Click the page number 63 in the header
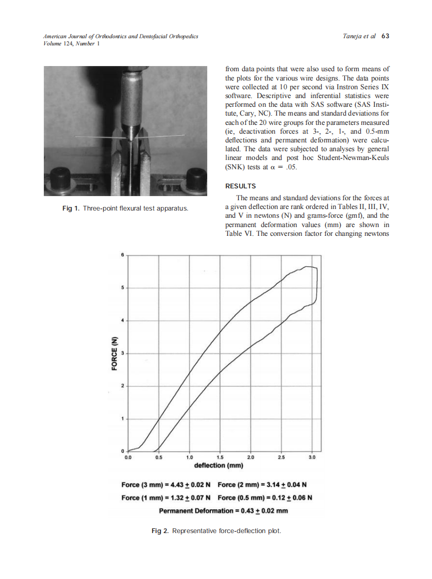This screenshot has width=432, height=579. [x=385, y=37]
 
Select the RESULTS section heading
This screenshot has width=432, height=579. [x=241, y=186]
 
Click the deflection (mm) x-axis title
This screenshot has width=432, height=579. [x=219, y=465]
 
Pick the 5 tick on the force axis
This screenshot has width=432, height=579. [x=122, y=287]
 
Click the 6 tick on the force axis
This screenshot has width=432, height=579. [x=122, y=254]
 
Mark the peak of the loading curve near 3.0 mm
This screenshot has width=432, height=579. [x=308, y=267]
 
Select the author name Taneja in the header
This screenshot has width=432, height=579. [x=353, y=37]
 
